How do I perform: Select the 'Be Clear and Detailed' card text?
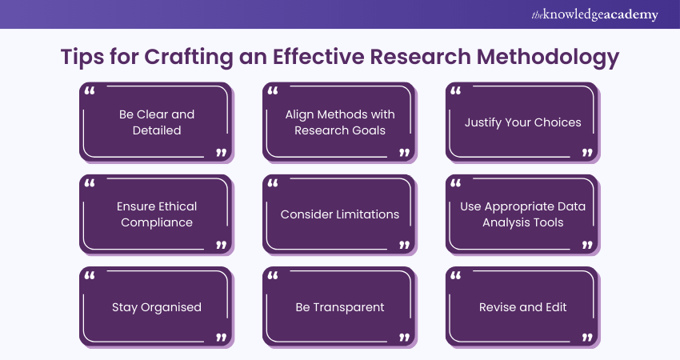157,122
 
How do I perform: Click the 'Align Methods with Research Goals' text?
340,122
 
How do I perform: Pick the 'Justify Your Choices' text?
523,122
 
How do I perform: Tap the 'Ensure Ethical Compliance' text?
157,214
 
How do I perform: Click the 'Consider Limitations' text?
340,214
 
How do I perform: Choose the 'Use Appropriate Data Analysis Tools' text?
523,214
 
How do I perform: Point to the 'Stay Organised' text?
157,306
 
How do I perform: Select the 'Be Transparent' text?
340,306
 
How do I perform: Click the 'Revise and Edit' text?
523,306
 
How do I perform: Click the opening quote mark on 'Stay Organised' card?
90,276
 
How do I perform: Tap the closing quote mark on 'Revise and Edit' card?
587,337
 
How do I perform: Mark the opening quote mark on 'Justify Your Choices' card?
456,91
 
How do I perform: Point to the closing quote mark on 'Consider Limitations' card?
404,245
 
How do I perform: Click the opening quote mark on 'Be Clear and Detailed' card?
90,91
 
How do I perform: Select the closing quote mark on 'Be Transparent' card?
404,337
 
